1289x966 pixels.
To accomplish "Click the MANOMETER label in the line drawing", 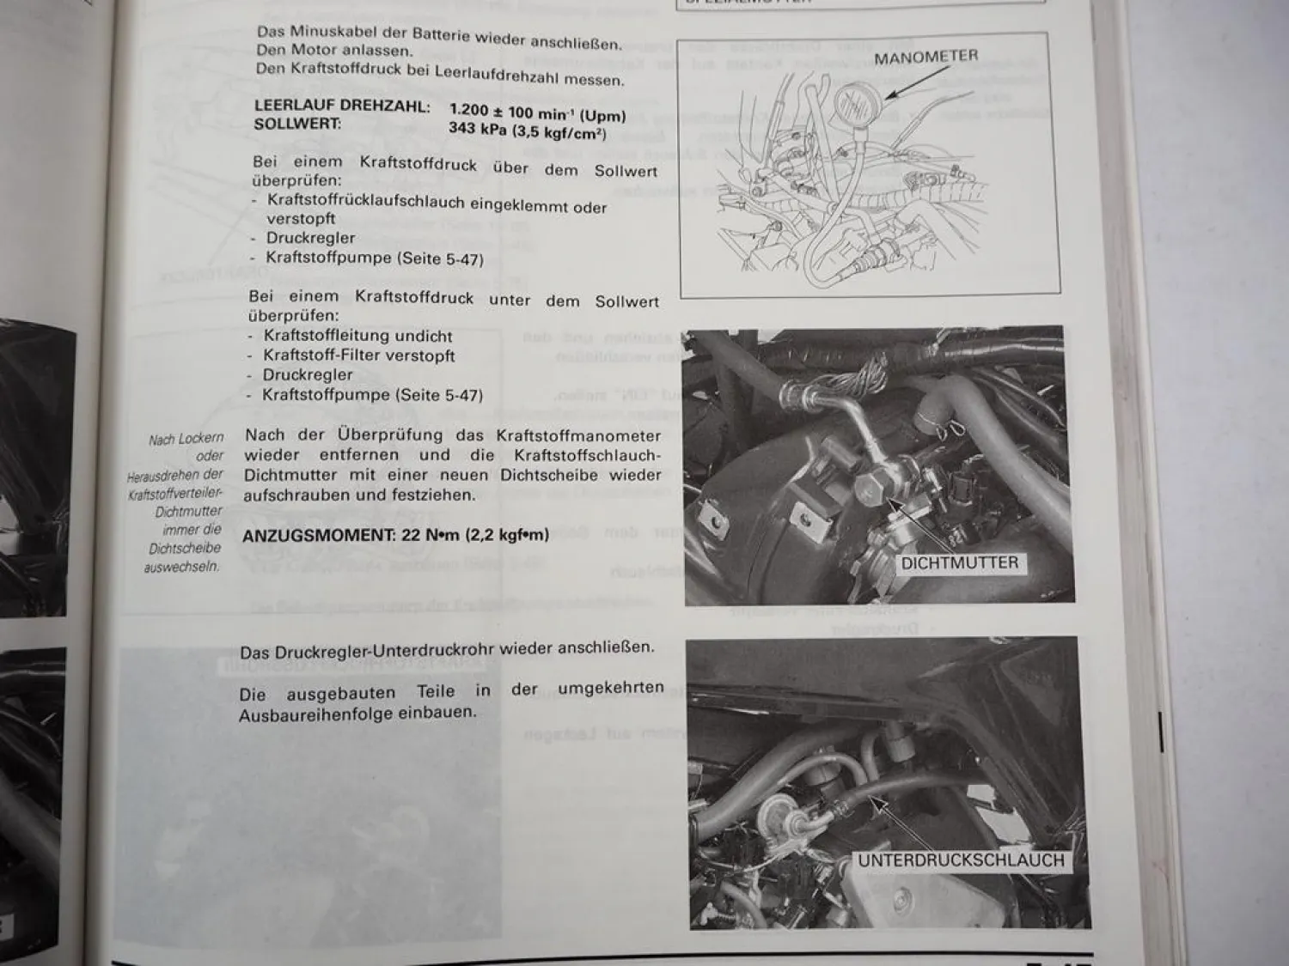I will [926, 58].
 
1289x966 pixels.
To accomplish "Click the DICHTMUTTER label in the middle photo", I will [959, 563].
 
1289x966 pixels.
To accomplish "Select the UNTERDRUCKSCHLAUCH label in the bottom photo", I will [961, 860].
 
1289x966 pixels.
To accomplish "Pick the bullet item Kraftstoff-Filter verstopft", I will [358, 355].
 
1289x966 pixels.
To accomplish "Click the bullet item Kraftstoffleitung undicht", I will [357, 336].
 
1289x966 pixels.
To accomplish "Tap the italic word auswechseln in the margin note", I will [181, 567].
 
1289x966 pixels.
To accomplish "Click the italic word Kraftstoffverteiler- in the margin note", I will [175, 494].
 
